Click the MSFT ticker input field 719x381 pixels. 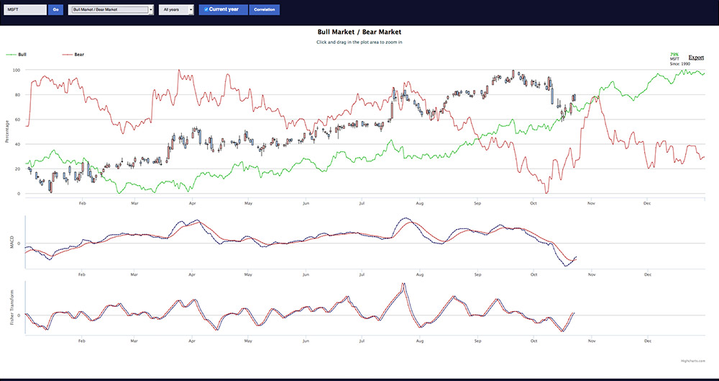click(x=25, y=10)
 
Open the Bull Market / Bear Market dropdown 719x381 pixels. click(x=111, y=10)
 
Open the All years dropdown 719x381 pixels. click(x=175, y=10)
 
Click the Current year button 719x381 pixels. click(x=224, y=10)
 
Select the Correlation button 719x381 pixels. click(x=264, y=10)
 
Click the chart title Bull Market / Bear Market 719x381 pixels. click(x=359, y=32)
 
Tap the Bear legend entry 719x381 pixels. click(x=79, y=55)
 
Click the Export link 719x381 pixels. click(x=696, y=58)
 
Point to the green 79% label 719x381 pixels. click(x=674, y=54)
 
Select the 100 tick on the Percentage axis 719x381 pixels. click(x=17, y=70)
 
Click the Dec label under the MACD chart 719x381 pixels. click(x=648, y=274)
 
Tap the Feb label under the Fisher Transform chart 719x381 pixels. click(x=82, y=341)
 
